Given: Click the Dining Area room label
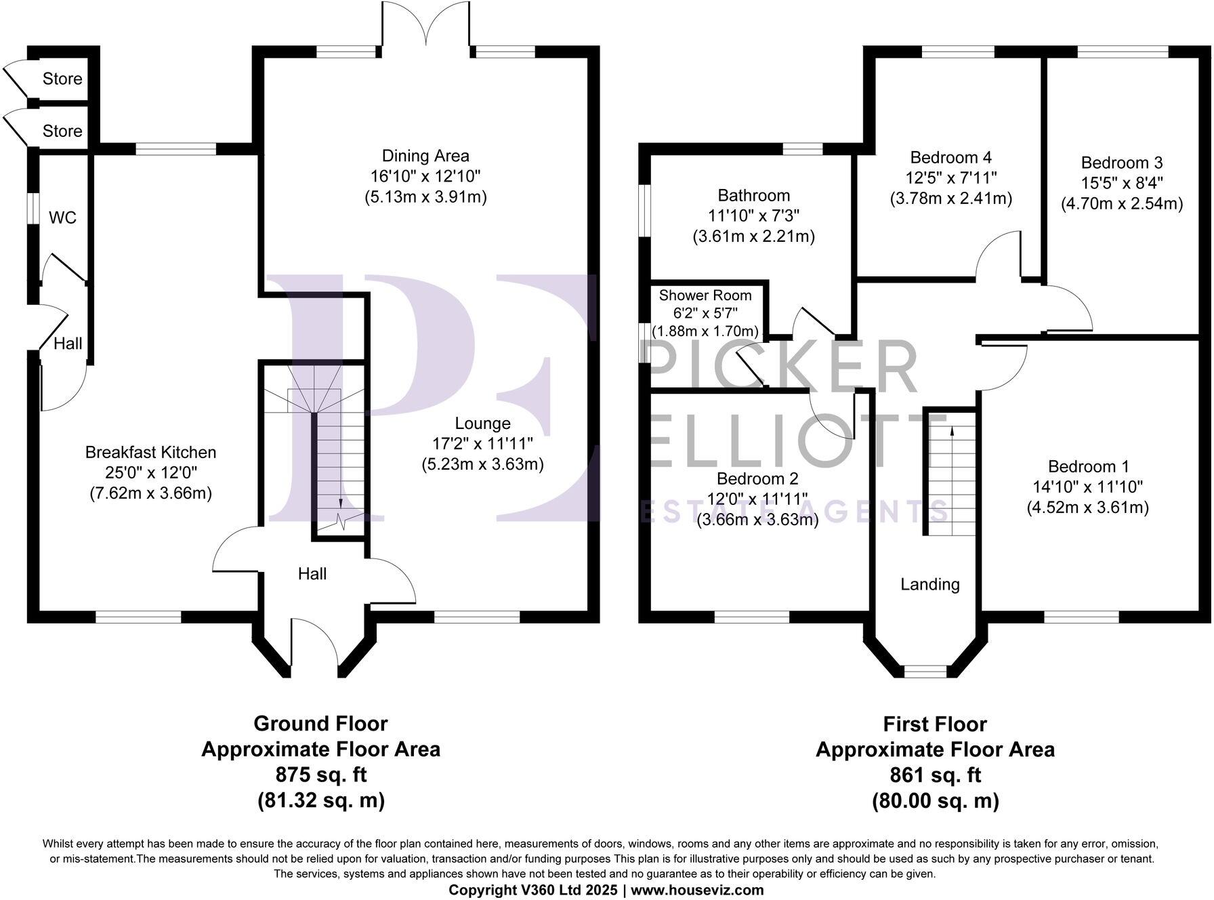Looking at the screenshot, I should click(x=425, y=156).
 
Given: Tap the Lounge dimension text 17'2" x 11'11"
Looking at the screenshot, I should click(x=482, y=444).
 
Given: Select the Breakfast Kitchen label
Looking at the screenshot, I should click(x=150, y=452).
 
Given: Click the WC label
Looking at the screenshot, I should click(x=62, y=218).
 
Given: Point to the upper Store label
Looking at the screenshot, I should click(x=62, y=79).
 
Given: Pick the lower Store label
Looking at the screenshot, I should click(x=62, y=131).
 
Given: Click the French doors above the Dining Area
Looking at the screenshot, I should click(x=425, y=27).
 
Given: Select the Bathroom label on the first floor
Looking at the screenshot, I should click(x=753, y=196).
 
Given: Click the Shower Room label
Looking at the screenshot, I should click(x=705, y=295).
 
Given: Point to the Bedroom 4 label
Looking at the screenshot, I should click(x=950, y=158).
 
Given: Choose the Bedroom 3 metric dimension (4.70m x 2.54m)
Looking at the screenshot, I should click(x=1121, y=203).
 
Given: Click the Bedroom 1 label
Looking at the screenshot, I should click(x=1088, y=466).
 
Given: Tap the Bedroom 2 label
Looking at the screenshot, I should click(x=757, y=478).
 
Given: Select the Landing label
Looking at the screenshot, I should click(x=929, y=584).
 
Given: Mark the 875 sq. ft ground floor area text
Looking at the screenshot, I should click(x=320, y=775).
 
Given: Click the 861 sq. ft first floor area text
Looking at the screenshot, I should click(x=935, y=775).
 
